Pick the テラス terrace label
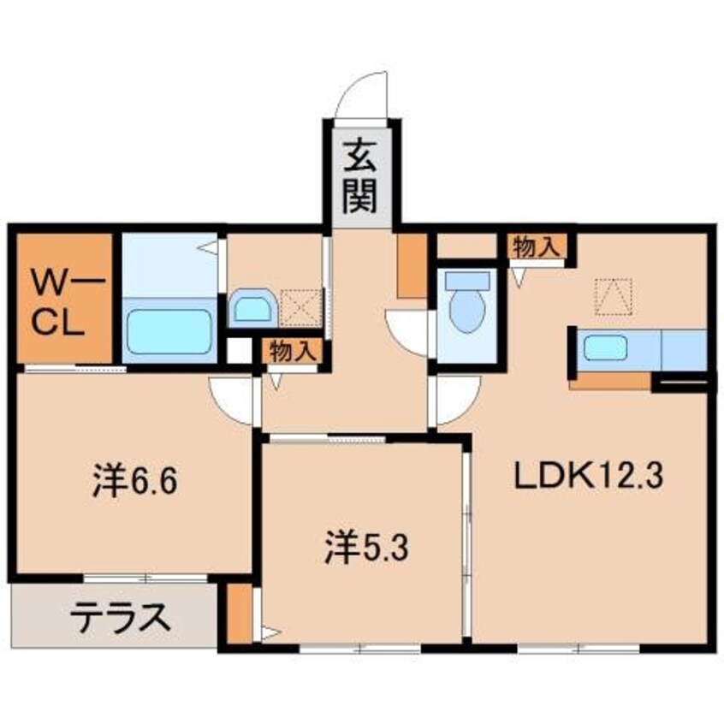pos(117,616)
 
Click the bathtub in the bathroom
pos(169,333)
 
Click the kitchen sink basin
pos(606,349)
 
